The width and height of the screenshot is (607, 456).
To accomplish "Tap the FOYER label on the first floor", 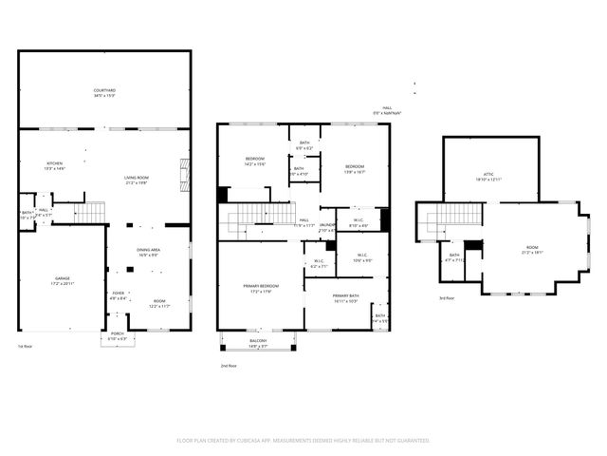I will pos(119,293).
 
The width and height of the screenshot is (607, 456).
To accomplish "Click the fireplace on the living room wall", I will pos(185,175).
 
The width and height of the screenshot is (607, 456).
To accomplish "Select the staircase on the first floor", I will pos(90,212).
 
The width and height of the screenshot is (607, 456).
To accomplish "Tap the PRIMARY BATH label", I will pos(345,296).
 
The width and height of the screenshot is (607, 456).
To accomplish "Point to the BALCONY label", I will pos(258,340).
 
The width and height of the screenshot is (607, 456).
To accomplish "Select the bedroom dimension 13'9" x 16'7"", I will pos(354,172).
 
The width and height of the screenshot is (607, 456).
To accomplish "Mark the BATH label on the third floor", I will pos(453,254).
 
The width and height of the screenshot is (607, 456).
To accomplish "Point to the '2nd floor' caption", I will pos(228,365).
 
